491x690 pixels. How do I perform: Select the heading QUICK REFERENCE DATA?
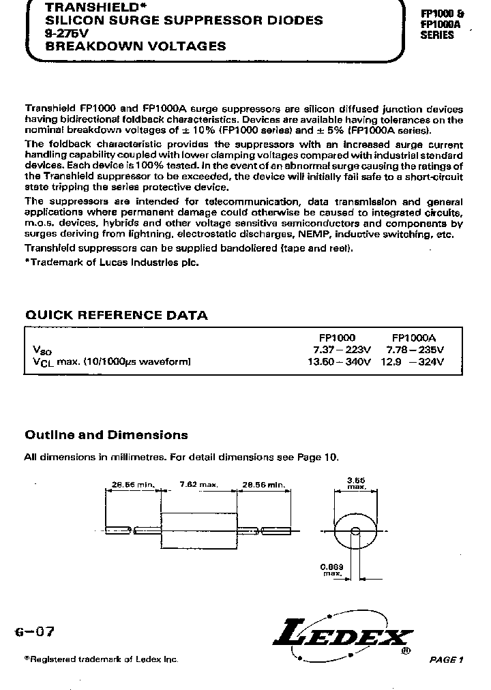pos(116,315)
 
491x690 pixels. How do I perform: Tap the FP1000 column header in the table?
pos(337,337)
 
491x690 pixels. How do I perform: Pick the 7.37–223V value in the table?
pos(338,350)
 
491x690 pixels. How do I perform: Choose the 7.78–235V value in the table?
pos(415,350)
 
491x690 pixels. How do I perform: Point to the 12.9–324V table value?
pos(415,362)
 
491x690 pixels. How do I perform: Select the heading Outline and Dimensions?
pos(106,434)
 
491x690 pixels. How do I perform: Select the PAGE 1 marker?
pos(447,659)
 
